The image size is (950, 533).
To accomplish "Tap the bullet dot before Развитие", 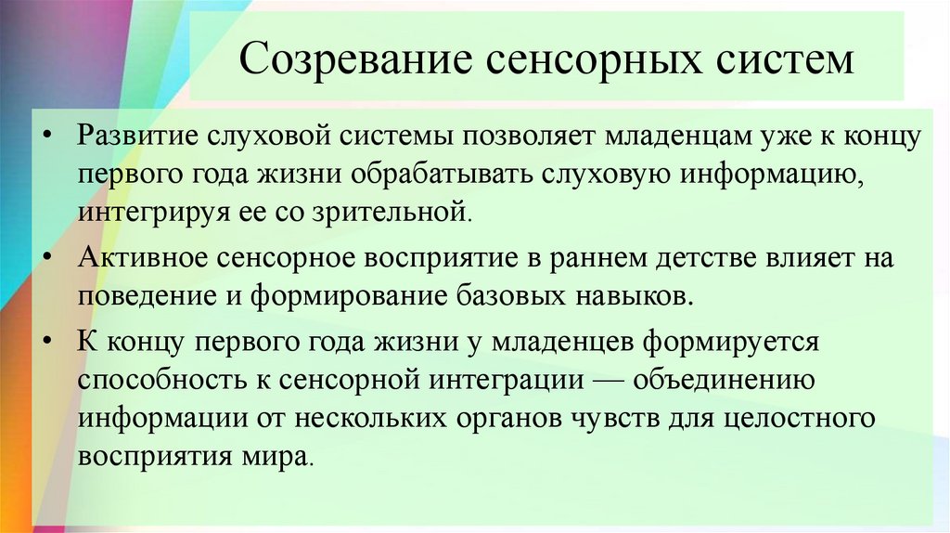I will click(47, 137).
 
